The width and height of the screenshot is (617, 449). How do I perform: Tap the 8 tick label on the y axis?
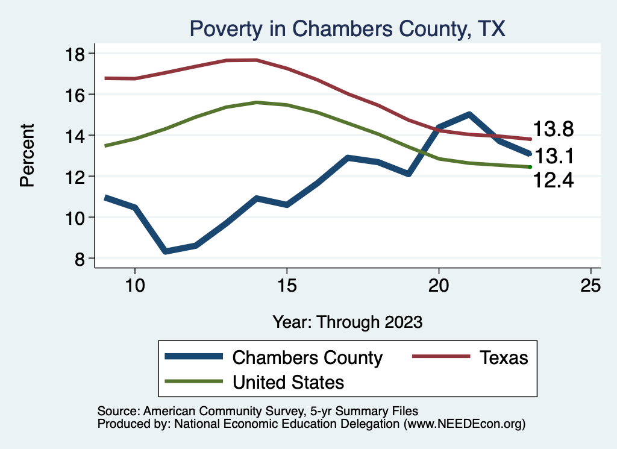click(79, 258)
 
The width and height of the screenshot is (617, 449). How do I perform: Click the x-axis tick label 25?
click(590, 286)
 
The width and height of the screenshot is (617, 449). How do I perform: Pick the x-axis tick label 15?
click(286, 286)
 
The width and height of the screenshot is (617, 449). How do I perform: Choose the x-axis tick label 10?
click(134, 286)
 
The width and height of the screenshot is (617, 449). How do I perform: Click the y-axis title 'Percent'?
click(28, 155)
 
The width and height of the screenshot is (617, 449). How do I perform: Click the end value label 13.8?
click(552, 130)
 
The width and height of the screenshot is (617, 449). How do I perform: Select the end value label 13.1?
click(554, 157)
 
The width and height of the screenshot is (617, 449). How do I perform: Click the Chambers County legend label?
click(307, 357)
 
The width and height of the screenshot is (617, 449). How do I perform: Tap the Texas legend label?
click(504, 357)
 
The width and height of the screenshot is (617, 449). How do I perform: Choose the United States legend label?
click(288, 381)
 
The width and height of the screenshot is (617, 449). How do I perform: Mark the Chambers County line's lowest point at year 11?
click(165, 251)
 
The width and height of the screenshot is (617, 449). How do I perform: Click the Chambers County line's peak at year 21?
click(469, 114)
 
